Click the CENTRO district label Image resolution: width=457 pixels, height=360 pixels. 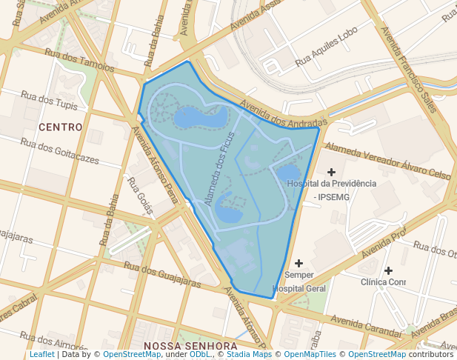point(60,127)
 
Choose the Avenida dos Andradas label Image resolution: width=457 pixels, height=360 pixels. point(283,113)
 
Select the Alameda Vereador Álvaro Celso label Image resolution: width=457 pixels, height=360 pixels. point(387,161)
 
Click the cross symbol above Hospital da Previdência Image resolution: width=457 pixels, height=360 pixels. point(331,172)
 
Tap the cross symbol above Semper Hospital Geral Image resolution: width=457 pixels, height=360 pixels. point(299,263)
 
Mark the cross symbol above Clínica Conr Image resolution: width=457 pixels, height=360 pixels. point(388,270)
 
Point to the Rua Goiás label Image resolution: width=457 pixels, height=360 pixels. point(139,195)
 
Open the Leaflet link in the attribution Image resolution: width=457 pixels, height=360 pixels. point(41,355)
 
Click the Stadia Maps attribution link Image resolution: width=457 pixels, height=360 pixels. point(250,355)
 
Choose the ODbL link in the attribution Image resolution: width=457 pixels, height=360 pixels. point(199,355)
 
